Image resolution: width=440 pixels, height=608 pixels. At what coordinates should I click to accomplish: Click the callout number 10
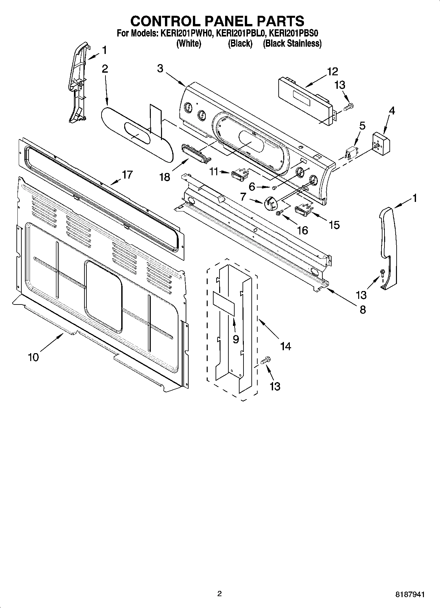click(x=34, y=357)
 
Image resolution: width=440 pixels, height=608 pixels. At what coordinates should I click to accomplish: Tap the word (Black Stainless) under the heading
click(x=292, y=43)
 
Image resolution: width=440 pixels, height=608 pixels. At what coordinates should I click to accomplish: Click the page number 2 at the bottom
click(x=220, y=594)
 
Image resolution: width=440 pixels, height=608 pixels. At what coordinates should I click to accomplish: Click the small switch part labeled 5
click(x=351, y=152)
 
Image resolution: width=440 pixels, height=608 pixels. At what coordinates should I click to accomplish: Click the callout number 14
click(x=285, y=346)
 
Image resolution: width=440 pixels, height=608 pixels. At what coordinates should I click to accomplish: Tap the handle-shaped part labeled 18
click(x=195, y=153)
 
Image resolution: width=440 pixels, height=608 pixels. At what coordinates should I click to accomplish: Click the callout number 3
click(x=160, y=68)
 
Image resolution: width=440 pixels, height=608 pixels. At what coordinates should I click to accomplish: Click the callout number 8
click(x=362, y=309)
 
